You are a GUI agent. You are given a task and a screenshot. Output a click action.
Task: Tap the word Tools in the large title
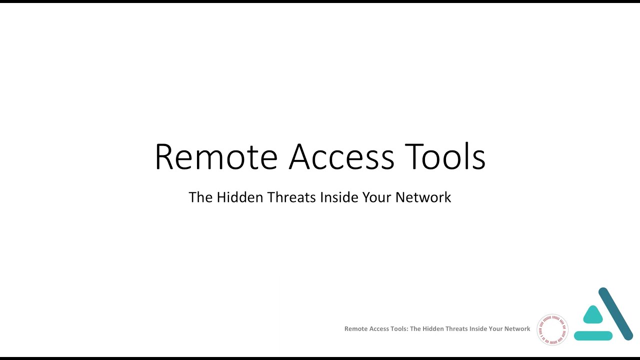[445, 157]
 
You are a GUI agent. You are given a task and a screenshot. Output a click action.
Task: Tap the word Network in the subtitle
[423, 197]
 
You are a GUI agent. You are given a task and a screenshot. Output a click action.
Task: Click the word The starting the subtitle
[200, 197]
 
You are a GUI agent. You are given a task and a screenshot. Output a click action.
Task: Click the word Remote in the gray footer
[356, 329]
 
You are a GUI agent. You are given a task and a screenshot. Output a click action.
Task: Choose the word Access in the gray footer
[380, 329]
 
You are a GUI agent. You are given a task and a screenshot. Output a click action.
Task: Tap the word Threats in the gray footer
[457, 329]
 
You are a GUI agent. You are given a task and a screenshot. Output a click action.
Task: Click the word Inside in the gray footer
[478, 329]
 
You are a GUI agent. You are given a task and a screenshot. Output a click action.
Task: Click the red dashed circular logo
[552, 329]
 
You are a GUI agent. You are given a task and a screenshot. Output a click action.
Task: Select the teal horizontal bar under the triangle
[593, 336]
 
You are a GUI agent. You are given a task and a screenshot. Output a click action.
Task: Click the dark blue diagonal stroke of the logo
[616, 314]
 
